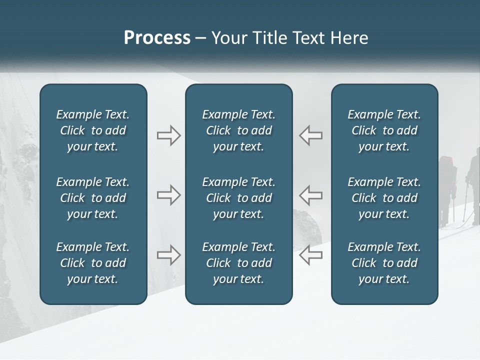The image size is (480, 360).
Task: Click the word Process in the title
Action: pyautogui.click(x=157, y=38)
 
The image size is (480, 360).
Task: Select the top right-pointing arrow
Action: pyautogui.click(x=168, y=135)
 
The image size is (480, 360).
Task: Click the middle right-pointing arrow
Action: pyautogui.click(x=168, y=195)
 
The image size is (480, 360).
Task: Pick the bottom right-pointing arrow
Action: pyautogui.click(x=168, y=255)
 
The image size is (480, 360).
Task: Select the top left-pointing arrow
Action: pyautogui.click(x=310, y=135)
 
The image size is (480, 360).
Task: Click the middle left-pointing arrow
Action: pyautogui.click(x=310, y=195)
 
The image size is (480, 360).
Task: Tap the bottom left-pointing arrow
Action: pyautogui.click(x=310, y=255)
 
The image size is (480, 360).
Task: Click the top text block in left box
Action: pyautogui.click(x=93, y=130)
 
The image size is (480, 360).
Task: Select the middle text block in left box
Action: pyautogui.click(x=93, y=198)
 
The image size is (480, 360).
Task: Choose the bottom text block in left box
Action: pyautogui.click(x=93, y=263)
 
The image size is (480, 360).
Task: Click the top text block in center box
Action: pyautogui.click(x=239, y=130)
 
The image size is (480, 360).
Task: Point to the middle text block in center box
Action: pyautogui.click(x=239, y=198)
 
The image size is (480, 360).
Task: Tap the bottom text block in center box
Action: pyautogui.click(x=239, y=263)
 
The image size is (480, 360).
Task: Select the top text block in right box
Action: pyautogui.click(x=384, y=130)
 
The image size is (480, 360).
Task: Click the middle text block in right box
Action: pyautogui.click(x=384, y=198)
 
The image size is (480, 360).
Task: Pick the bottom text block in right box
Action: pyautogui.click(x=384, y=263)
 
